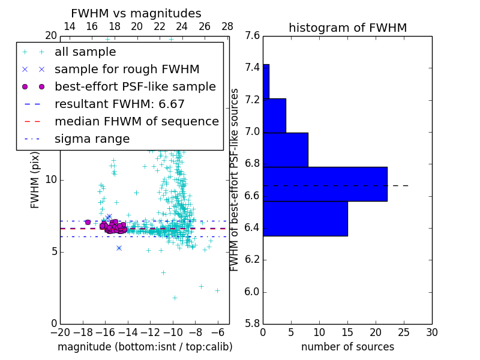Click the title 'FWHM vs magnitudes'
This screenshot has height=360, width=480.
[136, 14]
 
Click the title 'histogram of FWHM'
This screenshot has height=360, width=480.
[347, 28]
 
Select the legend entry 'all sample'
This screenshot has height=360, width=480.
[85, 52]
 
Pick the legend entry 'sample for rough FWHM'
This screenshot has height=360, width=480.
[127, 70]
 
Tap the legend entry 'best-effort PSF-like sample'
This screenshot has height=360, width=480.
[135, 87]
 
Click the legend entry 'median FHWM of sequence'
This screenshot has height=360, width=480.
[136, 122]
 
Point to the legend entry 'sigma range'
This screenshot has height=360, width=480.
[92, 139]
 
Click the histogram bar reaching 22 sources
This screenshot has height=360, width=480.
[325, 184]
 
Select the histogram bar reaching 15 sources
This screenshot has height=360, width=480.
[305, 218]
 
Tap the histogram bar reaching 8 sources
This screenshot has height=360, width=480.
[285, 149]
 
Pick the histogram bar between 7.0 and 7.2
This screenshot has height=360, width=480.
[274, 115]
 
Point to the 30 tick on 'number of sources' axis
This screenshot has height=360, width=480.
[431, 332]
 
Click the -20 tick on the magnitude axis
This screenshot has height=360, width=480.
[60, 332]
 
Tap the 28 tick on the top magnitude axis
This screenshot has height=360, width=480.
[227, 26]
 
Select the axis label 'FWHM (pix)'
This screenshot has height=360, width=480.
[35, 180]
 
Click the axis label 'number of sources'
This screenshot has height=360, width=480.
[347, 347]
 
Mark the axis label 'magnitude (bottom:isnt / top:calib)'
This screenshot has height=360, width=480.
[145, 347]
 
